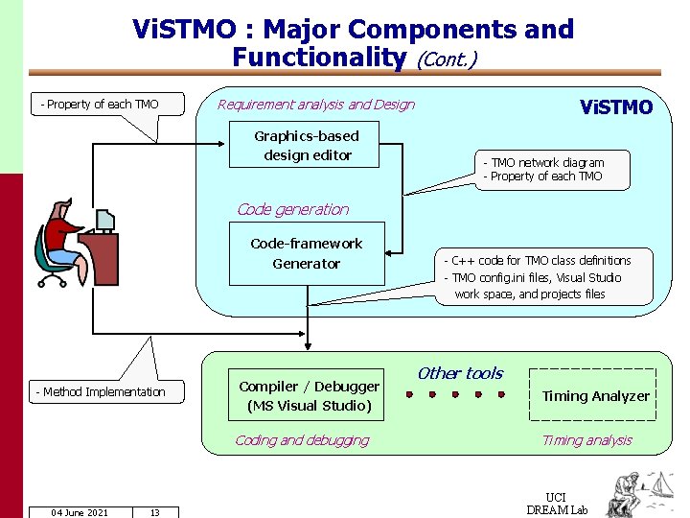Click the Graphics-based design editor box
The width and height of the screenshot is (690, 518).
(x=307, y=146)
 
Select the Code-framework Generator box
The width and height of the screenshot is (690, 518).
(x=307, y=254)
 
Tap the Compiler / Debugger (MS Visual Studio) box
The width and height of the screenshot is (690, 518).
(x=309, y=395)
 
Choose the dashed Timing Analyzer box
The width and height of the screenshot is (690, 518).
(x=595, y=395)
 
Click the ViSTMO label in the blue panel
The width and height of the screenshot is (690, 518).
(x=616, y=107)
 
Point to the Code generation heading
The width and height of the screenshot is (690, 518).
(x=292, y=209)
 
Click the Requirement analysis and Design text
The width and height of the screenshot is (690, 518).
(x=316, y=105)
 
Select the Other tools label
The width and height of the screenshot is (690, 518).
(x=460, y=373)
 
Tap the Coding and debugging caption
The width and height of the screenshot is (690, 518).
(x=302, y=440)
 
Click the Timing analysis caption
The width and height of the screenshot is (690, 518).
(x=586, y=440)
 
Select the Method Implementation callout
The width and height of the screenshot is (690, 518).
(x=101, y=391)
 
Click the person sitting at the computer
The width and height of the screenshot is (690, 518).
(x=61, y=240)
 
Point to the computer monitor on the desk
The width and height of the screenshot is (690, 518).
(x=104, y=222)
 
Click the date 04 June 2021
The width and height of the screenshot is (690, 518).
(x=80, y=512)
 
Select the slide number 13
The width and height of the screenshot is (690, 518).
(x=154, y=512)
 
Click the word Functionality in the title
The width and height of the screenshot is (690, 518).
(x=319, y=58)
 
